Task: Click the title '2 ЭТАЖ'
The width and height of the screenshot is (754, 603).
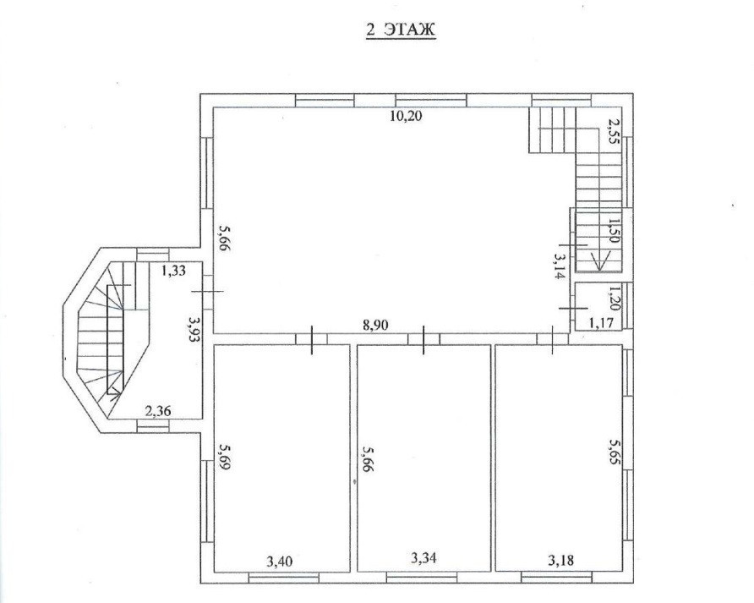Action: [401, 30]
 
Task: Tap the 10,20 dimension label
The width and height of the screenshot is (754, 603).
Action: [406, 117]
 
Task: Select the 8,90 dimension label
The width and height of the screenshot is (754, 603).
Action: [375, 326]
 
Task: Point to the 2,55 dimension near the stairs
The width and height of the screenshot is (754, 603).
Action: [612, 129]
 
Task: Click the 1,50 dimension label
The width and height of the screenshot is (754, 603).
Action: [613, 231]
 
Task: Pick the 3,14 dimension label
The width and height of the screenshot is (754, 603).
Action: [560, 266]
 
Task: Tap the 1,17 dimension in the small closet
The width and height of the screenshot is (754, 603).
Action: [601, 322]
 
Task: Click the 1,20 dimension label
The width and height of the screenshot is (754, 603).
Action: [614, 299]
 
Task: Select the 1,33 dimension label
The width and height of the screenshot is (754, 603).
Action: [173, 271]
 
